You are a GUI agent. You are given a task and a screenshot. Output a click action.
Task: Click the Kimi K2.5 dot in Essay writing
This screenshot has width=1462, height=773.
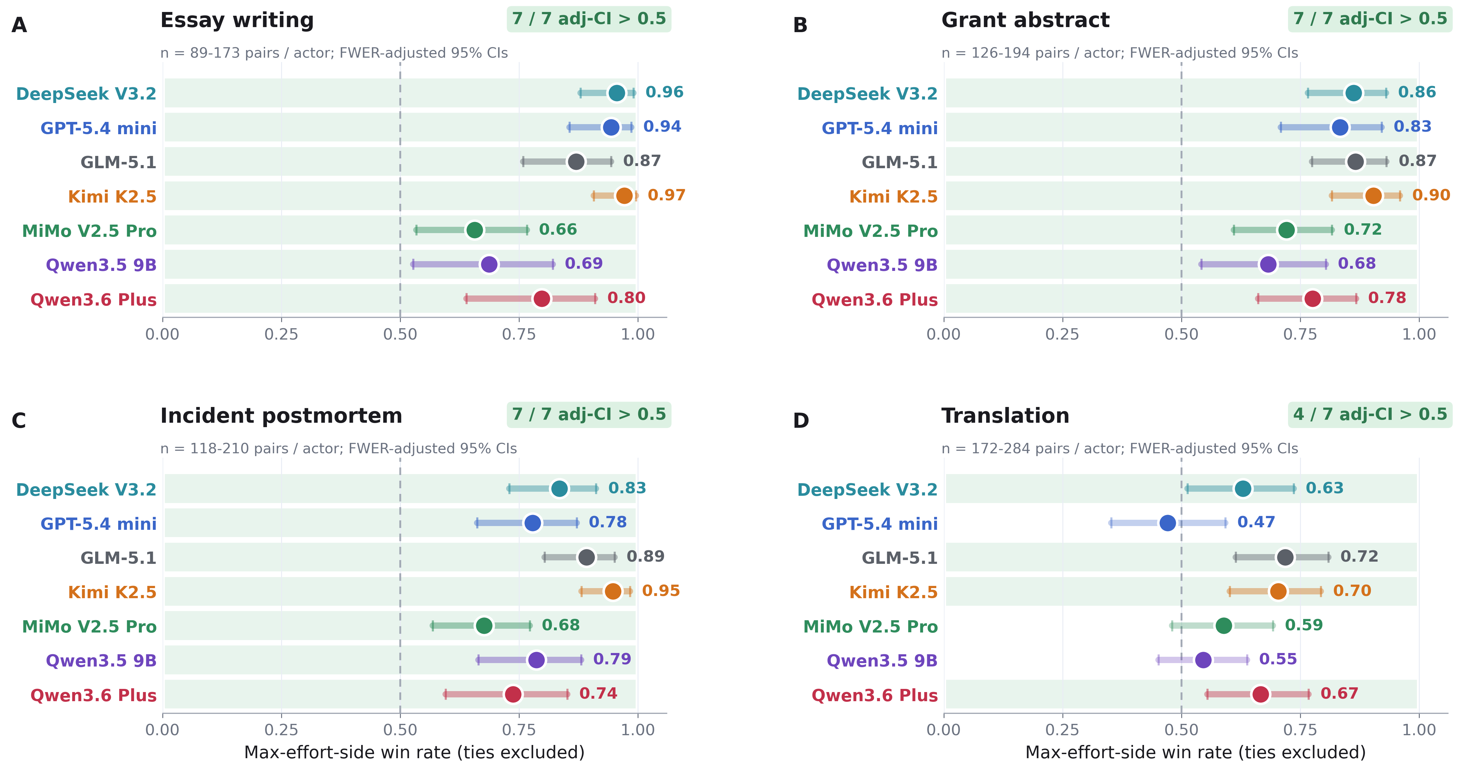click(624, 196)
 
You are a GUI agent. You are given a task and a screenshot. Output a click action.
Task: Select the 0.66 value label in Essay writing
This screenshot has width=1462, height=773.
click(558, 230)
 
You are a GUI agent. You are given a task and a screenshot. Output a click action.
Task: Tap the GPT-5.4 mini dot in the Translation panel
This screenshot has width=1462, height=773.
click(1167, 523)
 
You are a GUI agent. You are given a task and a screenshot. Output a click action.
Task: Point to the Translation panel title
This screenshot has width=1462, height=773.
click(1005, 416)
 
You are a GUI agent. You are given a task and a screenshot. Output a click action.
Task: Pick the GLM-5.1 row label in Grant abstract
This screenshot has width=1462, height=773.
click(899, 162)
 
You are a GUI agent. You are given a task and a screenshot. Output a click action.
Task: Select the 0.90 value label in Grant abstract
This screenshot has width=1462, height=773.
click(1431, 195)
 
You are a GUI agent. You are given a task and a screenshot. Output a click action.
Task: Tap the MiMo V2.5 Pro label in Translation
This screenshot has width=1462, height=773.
click(871, 627)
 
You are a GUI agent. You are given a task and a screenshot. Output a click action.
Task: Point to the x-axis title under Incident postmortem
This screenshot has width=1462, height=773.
click(414, 753)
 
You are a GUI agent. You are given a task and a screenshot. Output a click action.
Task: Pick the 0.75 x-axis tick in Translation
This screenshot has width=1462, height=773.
click(1300, 730)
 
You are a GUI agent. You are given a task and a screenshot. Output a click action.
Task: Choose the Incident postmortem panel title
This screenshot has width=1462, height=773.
click(281, 416)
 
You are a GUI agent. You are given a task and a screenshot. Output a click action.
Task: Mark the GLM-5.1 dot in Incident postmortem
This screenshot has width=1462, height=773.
click(586, 557)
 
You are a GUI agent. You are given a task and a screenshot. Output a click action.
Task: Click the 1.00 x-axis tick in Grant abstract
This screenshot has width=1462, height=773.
click(1419, 334)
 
